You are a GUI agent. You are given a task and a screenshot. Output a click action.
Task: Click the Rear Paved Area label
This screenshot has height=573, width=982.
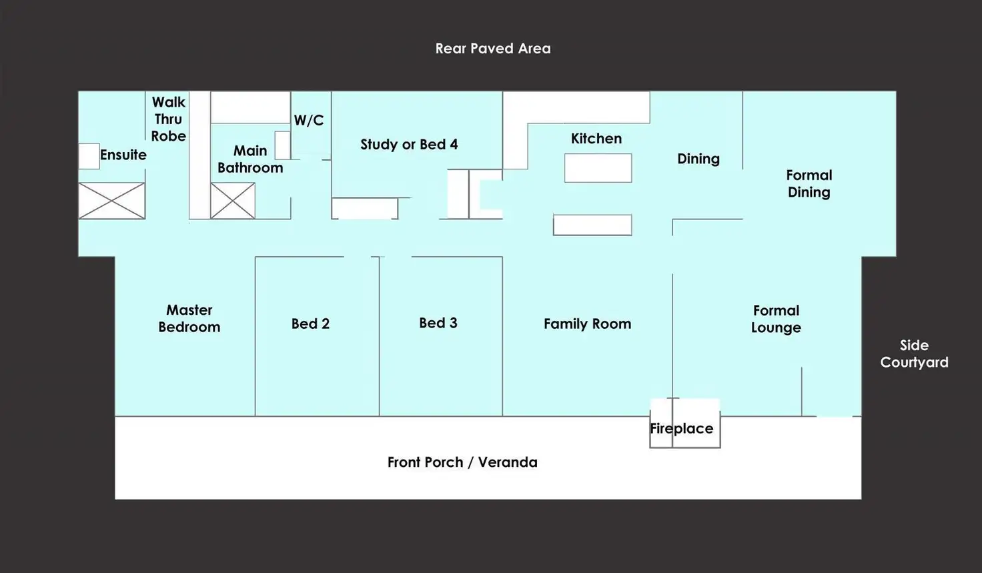(x=493, y=48)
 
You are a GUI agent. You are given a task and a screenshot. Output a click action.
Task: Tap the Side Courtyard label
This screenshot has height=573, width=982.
(x=914, y=354)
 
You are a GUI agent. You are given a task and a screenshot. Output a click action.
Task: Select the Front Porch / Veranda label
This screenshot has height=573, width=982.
(x=462, y=462)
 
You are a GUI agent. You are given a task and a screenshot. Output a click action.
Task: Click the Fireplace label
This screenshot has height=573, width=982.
(x=681, y=428)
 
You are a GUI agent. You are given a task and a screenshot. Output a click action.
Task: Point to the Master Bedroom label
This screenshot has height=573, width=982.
(x=189, y=318)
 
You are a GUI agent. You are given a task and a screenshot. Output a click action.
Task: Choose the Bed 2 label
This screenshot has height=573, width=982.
(x=310, y=324)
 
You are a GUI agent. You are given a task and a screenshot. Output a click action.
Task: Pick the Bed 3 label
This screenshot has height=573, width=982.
(x=438, y=323)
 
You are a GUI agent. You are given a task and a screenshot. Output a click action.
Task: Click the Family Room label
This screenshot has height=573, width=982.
(x=588, y=324)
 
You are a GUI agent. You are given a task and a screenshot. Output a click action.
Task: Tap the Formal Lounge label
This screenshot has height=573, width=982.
(x=776, y=319)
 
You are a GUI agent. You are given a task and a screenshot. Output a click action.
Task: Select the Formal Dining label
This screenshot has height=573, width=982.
(x=809, y=183)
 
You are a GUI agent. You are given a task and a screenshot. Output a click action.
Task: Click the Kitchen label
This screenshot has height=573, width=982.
(x=596, y=139)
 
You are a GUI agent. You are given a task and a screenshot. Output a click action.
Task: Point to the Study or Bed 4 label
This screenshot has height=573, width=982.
(x=409, y=144)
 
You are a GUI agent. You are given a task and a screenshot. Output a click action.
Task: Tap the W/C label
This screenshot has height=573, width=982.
(x=309, y=120)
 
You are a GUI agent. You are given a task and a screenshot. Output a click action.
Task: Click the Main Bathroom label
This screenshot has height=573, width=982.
(x=250, y=159)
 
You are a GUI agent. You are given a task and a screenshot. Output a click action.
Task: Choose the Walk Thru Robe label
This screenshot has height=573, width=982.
(x=168, y=119)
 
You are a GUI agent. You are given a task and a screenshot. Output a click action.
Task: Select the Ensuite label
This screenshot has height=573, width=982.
(x=123, y=155)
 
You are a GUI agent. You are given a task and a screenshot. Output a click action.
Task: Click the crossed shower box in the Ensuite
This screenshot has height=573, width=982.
(x=112, y=200)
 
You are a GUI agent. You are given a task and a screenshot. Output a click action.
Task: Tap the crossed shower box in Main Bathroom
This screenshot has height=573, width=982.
(x=233, y=200)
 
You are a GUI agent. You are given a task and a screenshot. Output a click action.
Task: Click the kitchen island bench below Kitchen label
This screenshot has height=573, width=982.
(x=598, y=168)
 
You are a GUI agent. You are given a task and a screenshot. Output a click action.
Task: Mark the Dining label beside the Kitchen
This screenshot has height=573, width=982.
(x=698, y=159)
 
